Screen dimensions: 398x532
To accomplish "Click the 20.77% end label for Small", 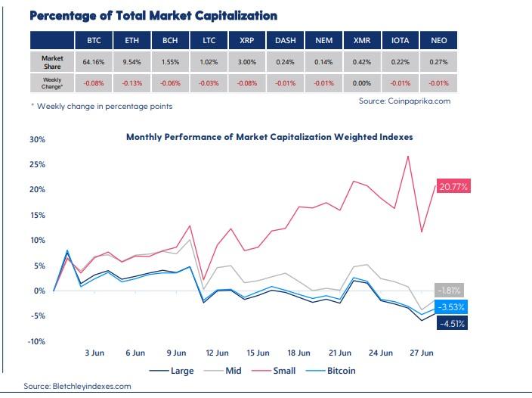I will tap(453, 185).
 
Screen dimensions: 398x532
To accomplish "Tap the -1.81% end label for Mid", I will tap(449, 290).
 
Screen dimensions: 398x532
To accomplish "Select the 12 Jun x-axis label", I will tap(217, 353).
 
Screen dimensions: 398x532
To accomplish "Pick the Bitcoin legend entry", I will tap(339, 371).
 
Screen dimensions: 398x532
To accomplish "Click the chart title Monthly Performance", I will tap(269, 137).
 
